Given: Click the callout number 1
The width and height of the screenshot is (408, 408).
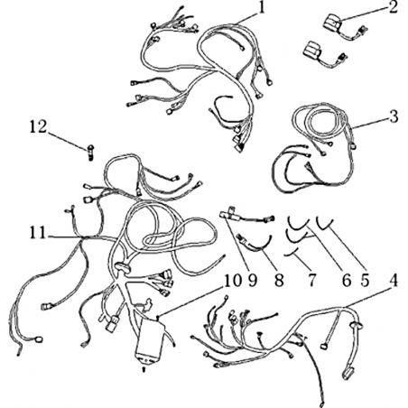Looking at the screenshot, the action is (262, 8).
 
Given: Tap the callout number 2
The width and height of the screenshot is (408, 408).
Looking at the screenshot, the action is (393, 8).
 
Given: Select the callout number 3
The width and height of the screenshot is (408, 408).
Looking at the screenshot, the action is (394, 116).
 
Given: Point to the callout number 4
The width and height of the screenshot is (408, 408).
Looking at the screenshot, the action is (394, 281).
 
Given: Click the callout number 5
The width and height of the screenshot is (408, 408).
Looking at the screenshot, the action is (365, 281).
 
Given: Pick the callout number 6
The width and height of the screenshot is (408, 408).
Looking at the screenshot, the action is (347, 281).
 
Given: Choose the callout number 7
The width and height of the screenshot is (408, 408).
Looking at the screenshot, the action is (311, 281).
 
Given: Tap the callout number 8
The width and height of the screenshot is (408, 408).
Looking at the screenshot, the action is (279, 281).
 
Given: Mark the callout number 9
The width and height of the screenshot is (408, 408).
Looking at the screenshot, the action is (253, 281).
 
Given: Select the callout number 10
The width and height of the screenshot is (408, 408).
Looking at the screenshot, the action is (233, 281).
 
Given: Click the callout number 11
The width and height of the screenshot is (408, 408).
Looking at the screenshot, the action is (38, 233).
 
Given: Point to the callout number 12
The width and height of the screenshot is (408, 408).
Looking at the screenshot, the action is (38, 127).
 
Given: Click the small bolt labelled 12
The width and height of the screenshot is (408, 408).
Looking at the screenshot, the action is (91, 152).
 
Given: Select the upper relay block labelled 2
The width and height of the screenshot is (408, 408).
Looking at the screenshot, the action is (333, 23).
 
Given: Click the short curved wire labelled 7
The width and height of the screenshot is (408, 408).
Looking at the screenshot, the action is (292, 253).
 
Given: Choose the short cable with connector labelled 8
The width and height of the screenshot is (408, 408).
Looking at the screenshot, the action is (255, 244).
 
